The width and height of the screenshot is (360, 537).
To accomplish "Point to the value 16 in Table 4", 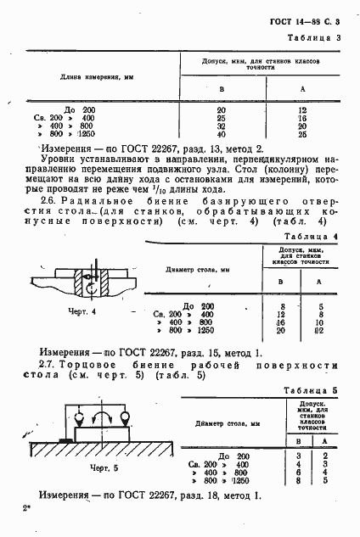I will pyautogui.click(x=279, y=323).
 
